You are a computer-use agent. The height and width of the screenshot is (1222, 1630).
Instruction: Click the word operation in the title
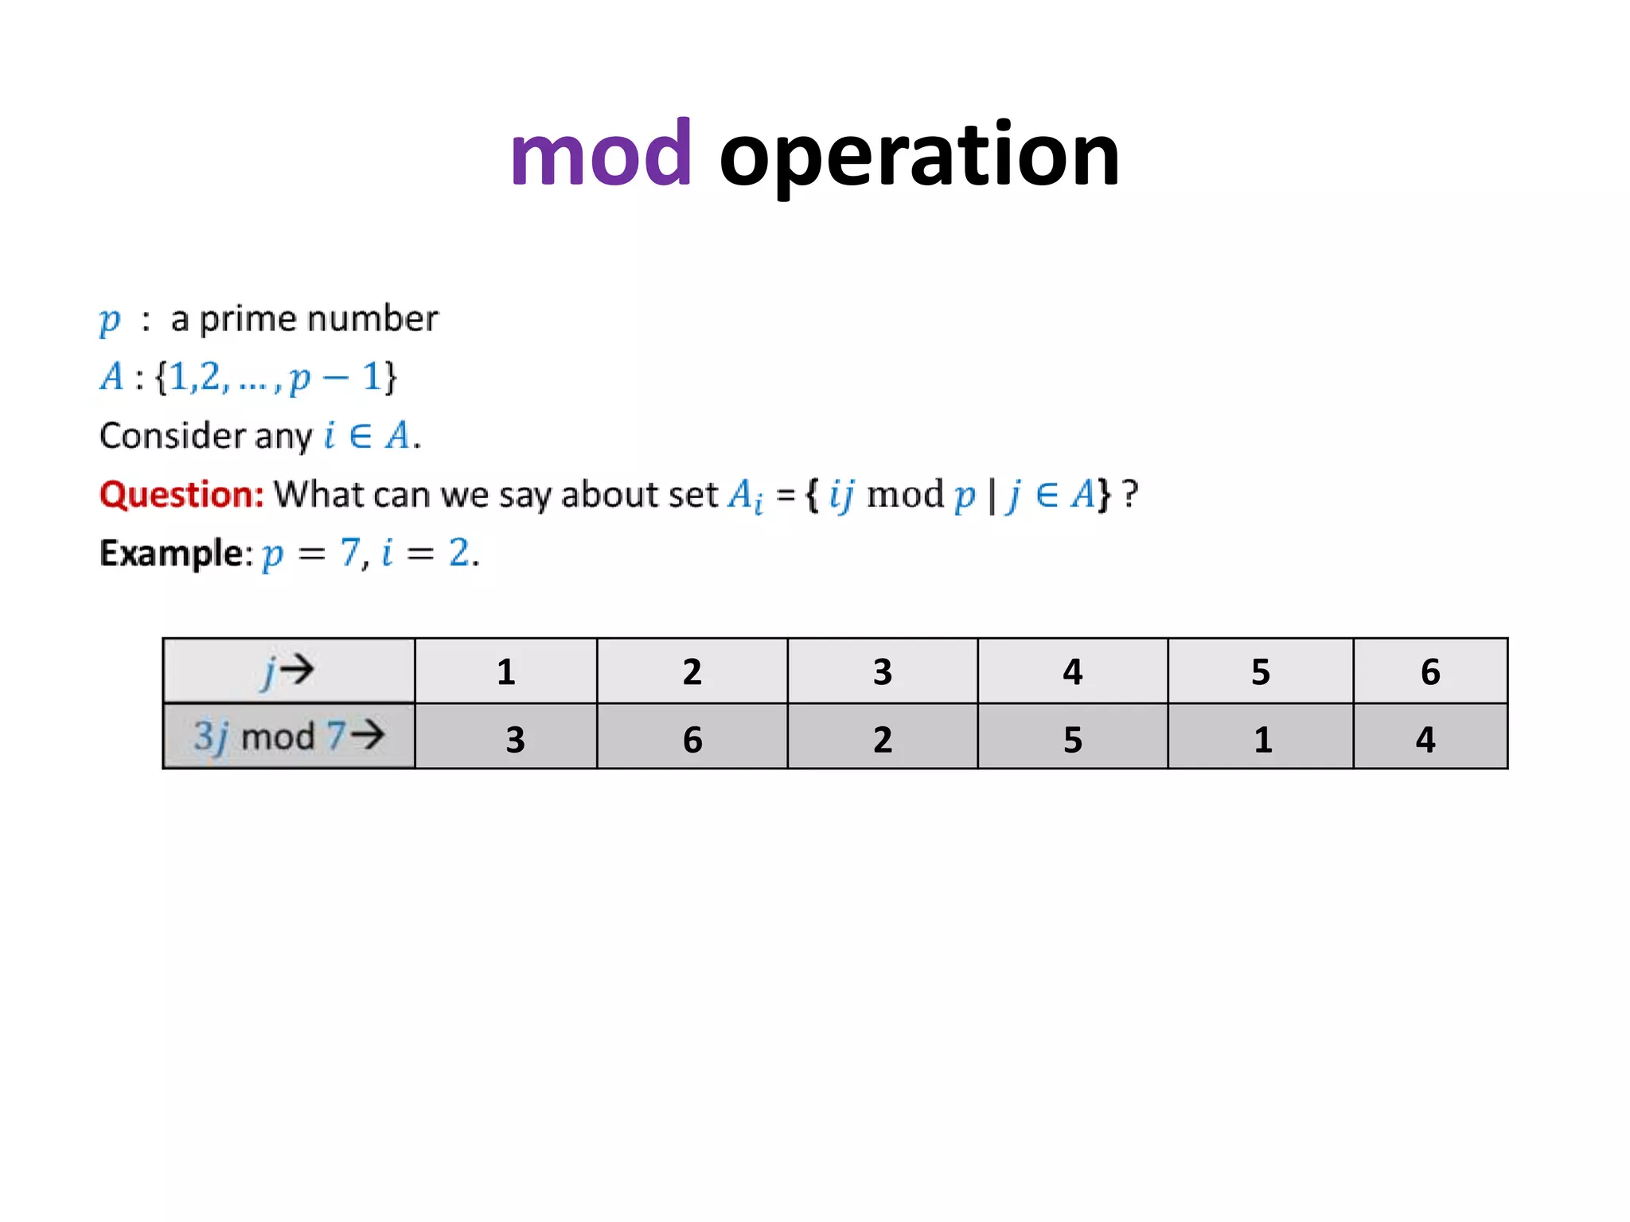[x=919, y=156]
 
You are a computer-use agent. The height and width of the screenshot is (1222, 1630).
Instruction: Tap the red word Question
[x=181, y=494]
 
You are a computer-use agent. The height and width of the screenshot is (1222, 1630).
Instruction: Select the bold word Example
[x=175, y=552]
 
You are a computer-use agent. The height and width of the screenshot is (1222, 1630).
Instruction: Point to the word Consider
[x=172, y=436]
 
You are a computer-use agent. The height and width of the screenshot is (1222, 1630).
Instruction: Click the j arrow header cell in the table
[x=288, y=671]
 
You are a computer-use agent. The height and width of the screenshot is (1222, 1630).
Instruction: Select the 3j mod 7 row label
[x=288, y=736]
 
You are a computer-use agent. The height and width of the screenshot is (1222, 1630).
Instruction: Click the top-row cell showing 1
[x=506, y=671]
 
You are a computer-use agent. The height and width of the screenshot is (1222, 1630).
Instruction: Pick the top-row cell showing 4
[x=1072, y=671]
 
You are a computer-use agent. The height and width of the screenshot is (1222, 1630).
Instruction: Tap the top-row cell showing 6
[x=1429, y=671]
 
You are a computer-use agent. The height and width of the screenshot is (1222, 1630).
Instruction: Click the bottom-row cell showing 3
[x=515, y=739]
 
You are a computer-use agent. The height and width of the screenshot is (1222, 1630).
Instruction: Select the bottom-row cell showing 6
[x=692, y=739]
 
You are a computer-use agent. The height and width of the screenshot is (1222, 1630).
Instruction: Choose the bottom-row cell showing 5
[x=1072, y=739]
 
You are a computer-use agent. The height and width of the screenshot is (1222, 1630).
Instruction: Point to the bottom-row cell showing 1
[x=1262, y=739]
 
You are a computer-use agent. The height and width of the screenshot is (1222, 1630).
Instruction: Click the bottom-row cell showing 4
[x=1425, y=739]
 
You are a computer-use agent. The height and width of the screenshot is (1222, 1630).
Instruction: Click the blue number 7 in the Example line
[x=350, y=552]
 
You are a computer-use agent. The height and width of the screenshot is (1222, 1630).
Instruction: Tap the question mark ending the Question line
[x=1130, y=494]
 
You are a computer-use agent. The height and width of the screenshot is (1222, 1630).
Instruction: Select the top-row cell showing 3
[x=882, y=671]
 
